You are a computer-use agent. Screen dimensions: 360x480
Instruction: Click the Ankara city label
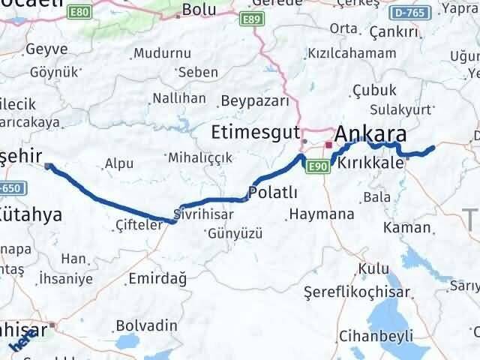pos(371,134)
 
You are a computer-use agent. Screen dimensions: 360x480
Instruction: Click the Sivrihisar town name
pos(202,214)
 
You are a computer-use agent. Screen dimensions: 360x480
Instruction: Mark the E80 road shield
pos(78,13)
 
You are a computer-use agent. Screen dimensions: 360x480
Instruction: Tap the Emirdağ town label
pos(157,278)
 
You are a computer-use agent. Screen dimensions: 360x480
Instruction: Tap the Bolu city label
pos(199,10)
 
